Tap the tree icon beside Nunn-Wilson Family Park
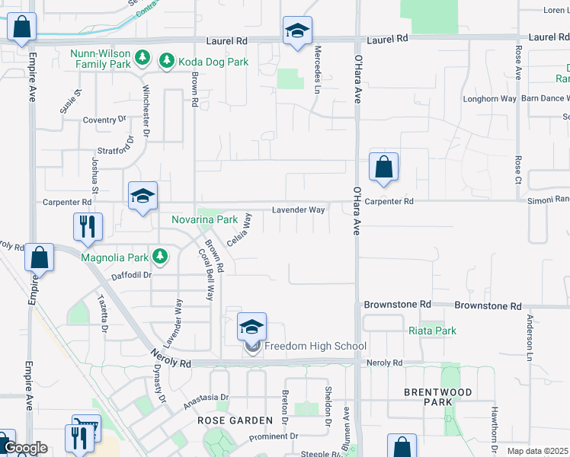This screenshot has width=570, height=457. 142,57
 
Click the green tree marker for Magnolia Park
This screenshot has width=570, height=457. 159,255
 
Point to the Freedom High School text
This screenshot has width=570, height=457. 315,347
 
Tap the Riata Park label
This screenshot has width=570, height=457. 432,331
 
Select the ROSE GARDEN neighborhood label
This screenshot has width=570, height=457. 235,420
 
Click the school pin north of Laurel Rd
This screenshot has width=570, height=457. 297,31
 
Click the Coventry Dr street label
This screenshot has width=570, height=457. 104,120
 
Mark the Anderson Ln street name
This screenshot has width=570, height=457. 528,336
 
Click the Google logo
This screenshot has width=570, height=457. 25,448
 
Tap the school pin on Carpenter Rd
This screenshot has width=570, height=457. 142,197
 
